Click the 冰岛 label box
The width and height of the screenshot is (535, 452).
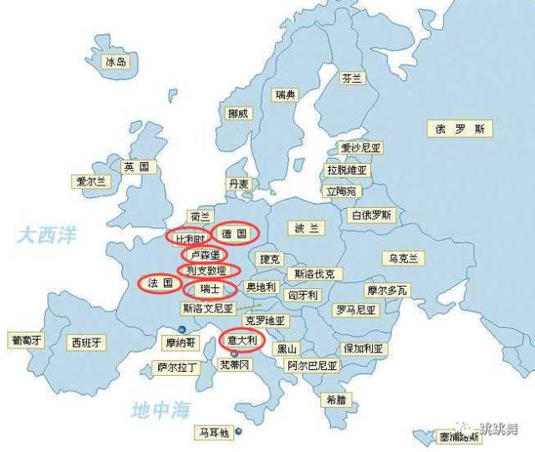coord(115,62)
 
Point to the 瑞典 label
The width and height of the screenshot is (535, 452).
coord(285,94)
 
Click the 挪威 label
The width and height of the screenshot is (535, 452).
coord(237,114)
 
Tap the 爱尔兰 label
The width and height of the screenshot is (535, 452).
coord(91,181)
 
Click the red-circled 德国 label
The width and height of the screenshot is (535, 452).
coord(235,235)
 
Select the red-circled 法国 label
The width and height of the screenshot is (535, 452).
coord(160,283)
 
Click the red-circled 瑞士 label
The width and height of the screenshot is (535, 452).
coord(210,289)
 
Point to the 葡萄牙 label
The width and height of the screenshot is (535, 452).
coord(26,341)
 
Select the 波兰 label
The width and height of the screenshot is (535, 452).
coord(306,228)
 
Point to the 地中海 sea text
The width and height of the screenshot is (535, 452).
coord(161,409)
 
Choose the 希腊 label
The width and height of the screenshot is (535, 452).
coord(335,399)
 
